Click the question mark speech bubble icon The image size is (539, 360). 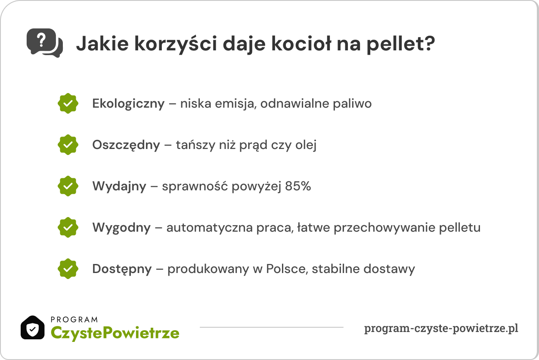pyautogui.click(x=45, y=43)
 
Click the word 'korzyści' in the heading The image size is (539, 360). pyautogui.click(x=176, y=44)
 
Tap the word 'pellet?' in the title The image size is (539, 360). pyautogui.click(x=401, y=44)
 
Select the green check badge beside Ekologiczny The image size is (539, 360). pyautogui.click(x=68, y=103)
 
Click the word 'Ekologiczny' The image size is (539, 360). pyautogui.click(x=128, y=104)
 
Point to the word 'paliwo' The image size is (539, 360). pyautogui.click(x=352, y=104)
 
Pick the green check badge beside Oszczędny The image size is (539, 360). pyautogui.click(x=68, y=145)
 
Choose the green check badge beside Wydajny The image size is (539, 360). pyautogui.click(x=68, y=186)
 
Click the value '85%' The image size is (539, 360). pyautogui.click(x=298, y=186)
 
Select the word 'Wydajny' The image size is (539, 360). pyautogui.click(x=119, y=187)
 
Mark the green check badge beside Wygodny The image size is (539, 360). pyautogui.click(x=68, y=227)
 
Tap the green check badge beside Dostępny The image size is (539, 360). pyautogui.click(x=68, y=269)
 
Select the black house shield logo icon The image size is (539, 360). pyautogui.click(x=33, y=328)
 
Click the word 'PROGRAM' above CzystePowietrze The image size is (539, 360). pyautogui.click(x=74, y=320)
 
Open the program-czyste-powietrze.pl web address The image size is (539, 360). pyautogui.click(x=441, y=329)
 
